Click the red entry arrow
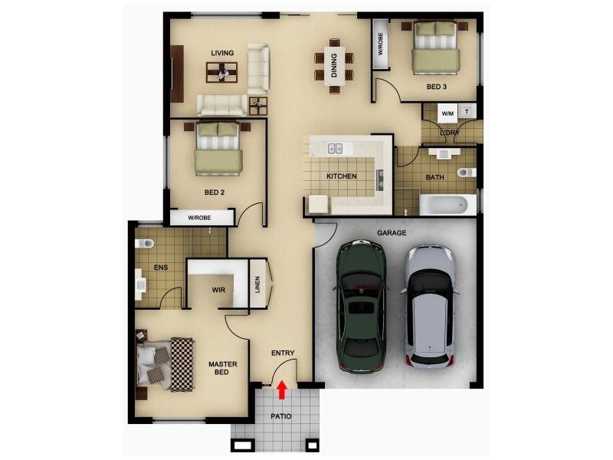coord(281,390)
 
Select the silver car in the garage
coord(430,306)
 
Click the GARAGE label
coord(392,232)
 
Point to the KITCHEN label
coord(342,176)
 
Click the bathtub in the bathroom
coord(444,205)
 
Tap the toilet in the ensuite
coord(143,244)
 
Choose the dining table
coord(334,65)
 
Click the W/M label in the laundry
coord(447,113)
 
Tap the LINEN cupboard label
coord(257,287)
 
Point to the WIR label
coord(219,290)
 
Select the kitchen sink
coord(335,148)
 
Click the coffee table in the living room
coord(223,72)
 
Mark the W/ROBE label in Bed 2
coord(200,219)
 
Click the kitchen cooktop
coord(379,179)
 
